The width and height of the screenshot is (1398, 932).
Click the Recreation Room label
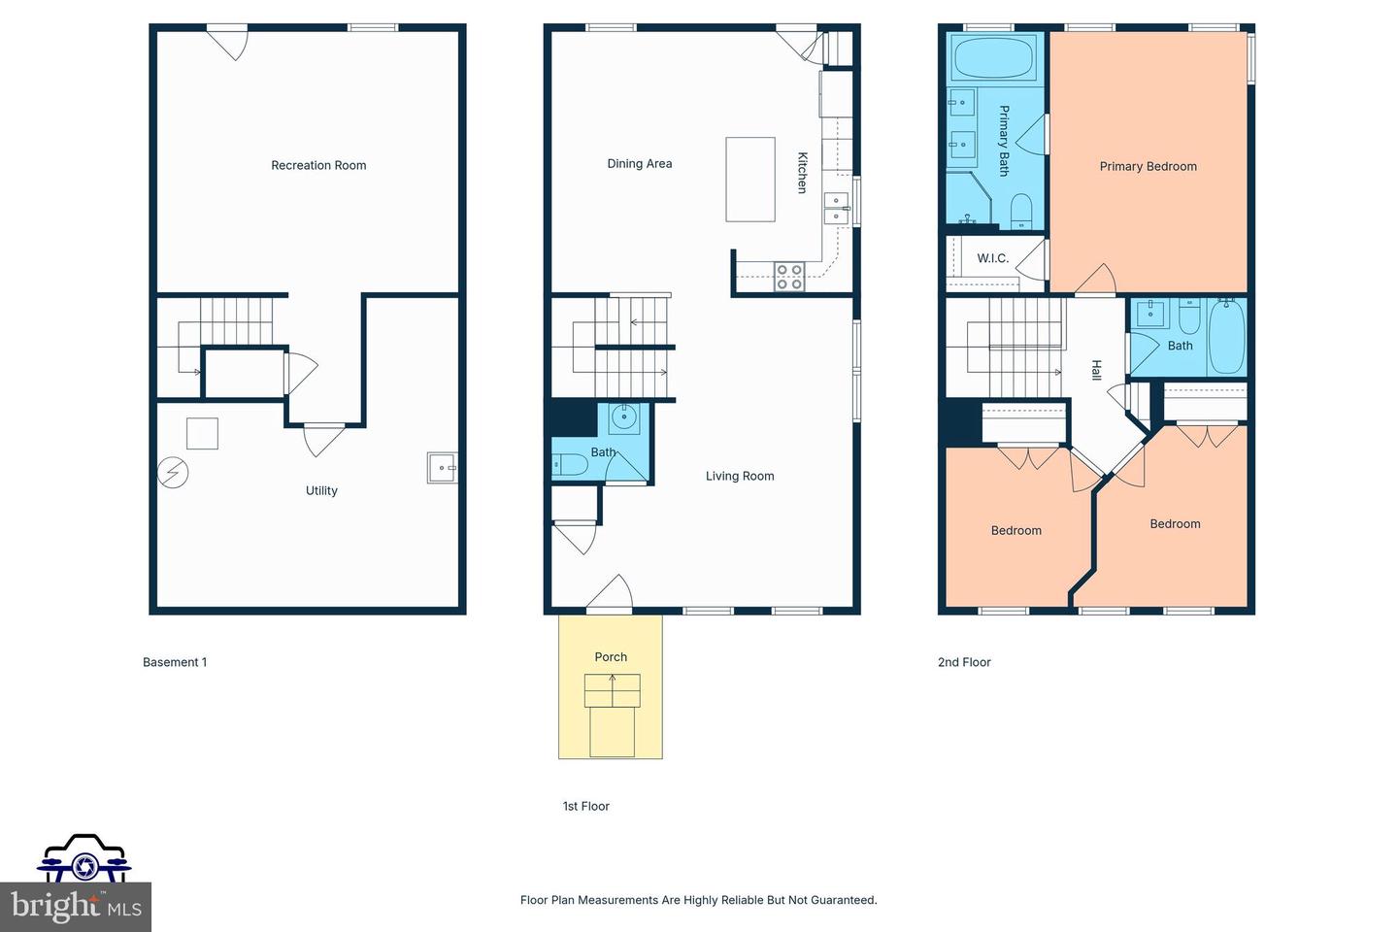pyautogui.click(x=318, y=166)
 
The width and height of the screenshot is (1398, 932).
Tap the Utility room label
pyautogui.click(x=321, y=491)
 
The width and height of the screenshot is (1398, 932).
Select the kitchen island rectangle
pyautogui.click(x=750, y=180)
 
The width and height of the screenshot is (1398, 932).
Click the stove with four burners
pyautogui.click(x=788, y=278)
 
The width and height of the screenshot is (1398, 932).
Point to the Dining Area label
pyautogui.click(x=639, y=164)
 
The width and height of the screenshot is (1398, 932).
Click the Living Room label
pyautogui.click(x=740, y=477)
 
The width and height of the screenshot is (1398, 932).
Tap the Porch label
pyautogui.click(x=611, y=657)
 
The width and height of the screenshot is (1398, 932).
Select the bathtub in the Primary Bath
pyautogui.click(x=994, y=58)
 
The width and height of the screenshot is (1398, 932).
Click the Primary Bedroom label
pyautogui.click(x=1148, y=167)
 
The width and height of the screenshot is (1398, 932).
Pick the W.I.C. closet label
pyautogui.click(x=992, y=259)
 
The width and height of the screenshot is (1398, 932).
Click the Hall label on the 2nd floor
pyautogui.click(x=1096, y=370)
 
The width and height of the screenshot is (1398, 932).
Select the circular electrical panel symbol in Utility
pyautogui.click(x=173, y=473)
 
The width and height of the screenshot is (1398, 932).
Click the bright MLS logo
pyautogui.click(x=76, y=906)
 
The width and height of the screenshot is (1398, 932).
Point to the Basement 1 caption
pyautogui.click(x=175, y=663)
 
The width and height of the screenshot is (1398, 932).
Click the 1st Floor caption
pyautogui.click(x=586, y=807)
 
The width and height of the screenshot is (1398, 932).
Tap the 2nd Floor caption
pyautogui.click(x=964, y=663)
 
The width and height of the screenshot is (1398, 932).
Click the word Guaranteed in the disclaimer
pyautogui.click(x=844, y=901)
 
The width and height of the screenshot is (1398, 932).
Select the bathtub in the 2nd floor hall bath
pyautogui.click(x=1226, y=337)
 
